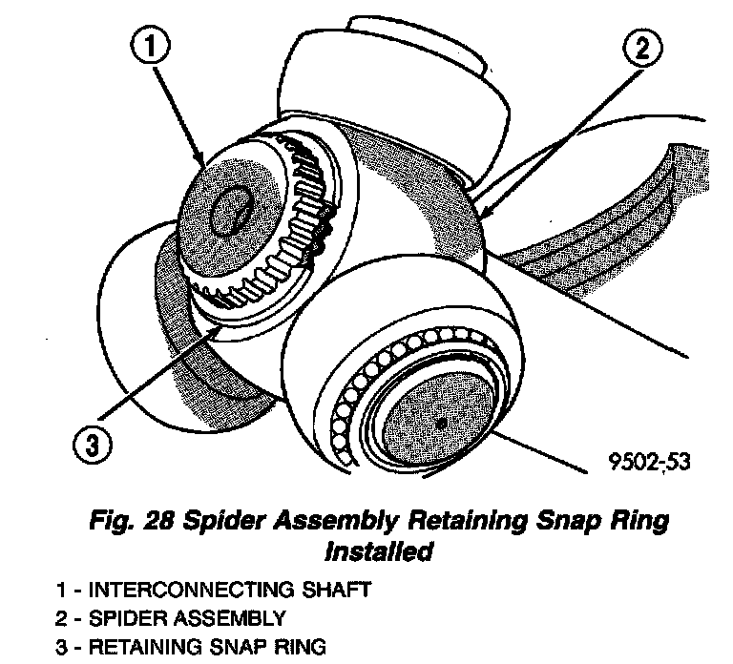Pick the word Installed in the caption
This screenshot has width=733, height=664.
pyautogui.click(x=374, y=550)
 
